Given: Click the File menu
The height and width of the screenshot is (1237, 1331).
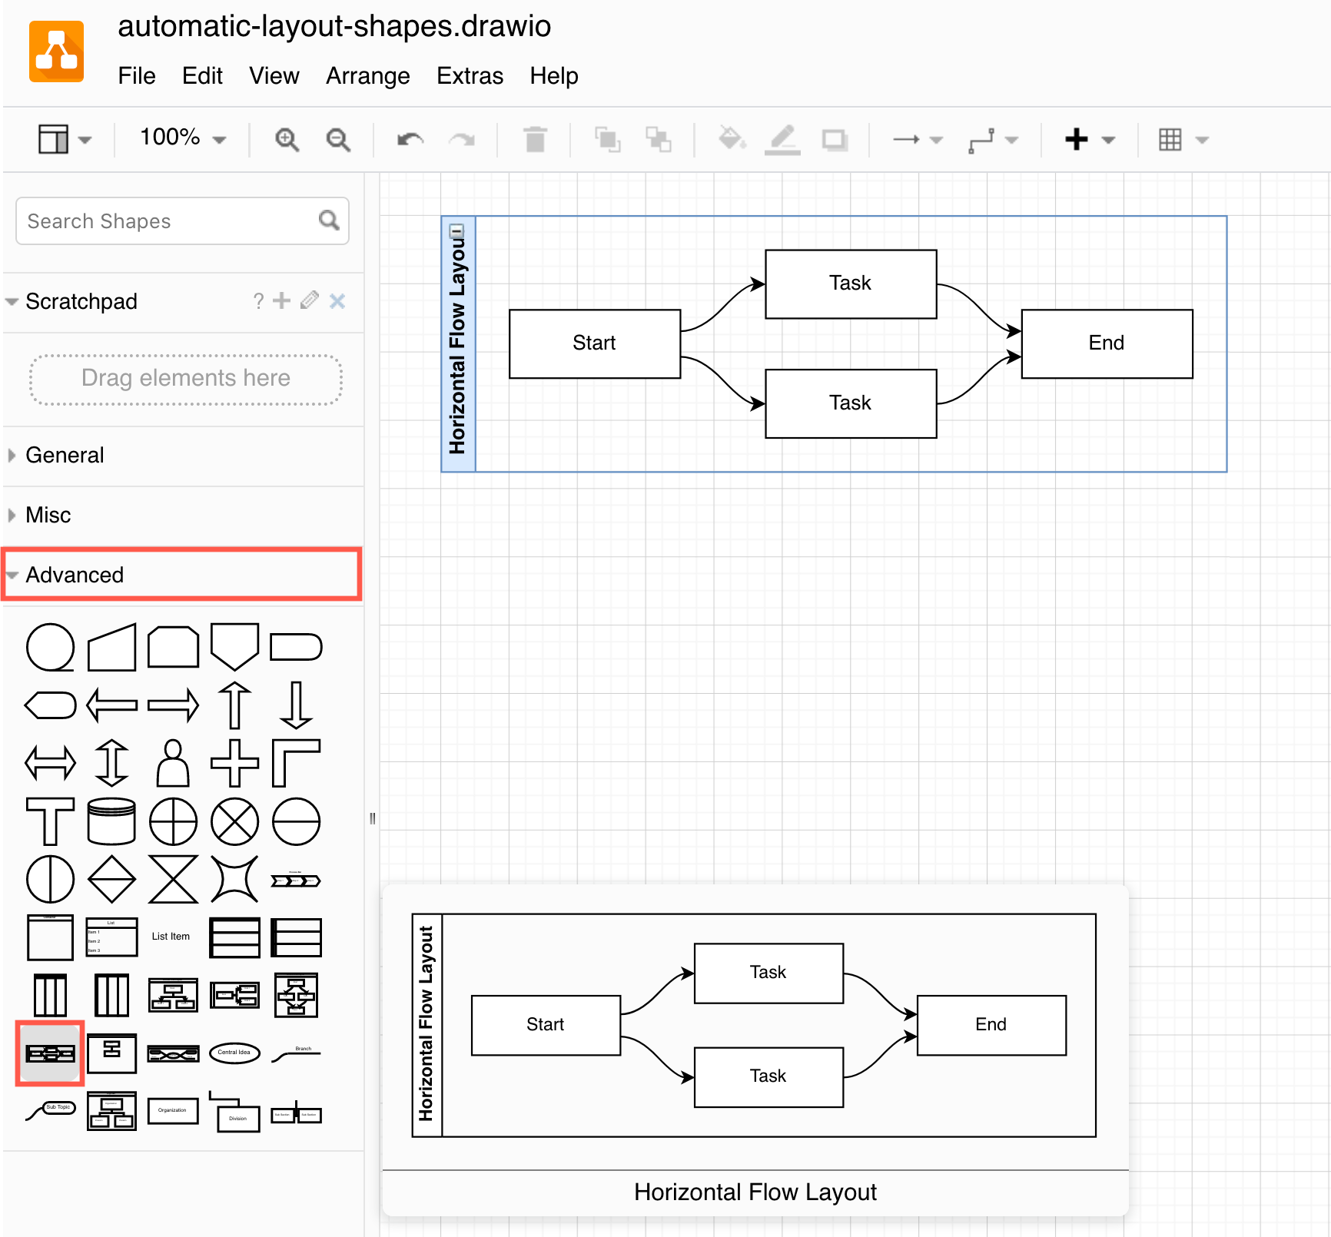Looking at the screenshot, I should (x=137, y=76).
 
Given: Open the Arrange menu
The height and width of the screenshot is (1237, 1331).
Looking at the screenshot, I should (x=367, y=76).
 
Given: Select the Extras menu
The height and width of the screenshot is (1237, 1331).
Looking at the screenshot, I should (x=470, y=76).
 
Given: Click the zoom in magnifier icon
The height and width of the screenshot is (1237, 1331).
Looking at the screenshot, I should (x=287, y=140).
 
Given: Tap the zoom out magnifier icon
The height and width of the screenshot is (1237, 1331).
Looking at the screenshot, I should (x=338, y=140).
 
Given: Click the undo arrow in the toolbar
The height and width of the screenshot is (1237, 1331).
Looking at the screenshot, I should (x=410, y=140).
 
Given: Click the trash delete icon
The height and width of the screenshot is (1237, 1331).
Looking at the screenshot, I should (x=535, y=140).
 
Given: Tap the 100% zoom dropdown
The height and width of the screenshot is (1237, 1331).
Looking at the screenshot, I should (x=182, y=138).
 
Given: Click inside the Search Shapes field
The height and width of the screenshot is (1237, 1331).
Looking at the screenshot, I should (x=169, y=221).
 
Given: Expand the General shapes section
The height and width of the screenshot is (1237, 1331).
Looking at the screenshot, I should (x=65, y=455).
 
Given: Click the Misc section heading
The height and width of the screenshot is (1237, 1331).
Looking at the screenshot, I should (x=48, y=515).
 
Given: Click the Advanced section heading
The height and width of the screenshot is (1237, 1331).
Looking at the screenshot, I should (x=75, y=575).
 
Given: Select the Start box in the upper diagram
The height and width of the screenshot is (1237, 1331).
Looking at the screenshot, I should (x=595, y=343).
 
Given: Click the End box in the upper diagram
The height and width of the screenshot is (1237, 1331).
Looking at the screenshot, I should (x=1107, y=343).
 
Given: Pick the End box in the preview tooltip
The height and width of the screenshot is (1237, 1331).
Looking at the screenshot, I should (x=991, y=1025).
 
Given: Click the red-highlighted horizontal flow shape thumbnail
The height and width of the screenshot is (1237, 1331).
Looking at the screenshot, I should (x=50, y=1053).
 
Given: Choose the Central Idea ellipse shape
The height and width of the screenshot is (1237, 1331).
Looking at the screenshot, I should (x=234, y=1053).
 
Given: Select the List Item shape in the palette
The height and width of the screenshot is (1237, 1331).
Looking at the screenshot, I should (x=171, y=937).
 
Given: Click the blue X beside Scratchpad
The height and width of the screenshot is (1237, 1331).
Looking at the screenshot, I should (x=337, y=301).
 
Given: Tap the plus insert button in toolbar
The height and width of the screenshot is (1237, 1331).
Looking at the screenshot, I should (x=1077, y=140).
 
